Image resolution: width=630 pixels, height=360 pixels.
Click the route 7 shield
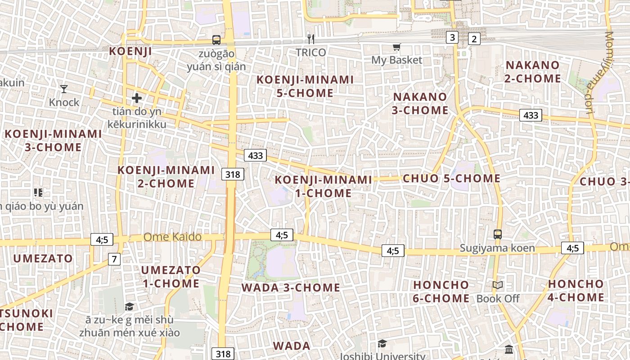[x=114, y=259]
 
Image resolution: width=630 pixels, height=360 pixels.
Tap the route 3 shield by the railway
[x=452, y=37]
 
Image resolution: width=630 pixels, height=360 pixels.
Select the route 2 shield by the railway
[x=474, y=39]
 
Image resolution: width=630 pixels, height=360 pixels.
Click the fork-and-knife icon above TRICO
[x=310, y=39]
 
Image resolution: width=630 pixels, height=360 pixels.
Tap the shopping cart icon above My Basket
[x=396, y=47]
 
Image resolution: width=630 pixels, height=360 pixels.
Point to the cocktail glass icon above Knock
[x=64, y=89]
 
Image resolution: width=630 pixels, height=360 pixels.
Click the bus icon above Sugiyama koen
[x=497, y=234]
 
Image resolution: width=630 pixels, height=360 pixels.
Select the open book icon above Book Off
[x=497, y=285]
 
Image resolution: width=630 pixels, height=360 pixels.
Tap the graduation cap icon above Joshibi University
[x=382, y=344]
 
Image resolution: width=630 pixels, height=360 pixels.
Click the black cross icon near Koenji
[x=137, y=98]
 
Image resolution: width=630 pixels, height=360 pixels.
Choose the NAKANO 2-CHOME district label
[x=533, y=72]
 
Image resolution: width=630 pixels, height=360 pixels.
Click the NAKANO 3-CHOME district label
[x=420, y=103]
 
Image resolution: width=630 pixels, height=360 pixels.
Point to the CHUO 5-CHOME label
[x=451, y=179]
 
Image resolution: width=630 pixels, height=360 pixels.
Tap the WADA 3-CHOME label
[x=291, y=288]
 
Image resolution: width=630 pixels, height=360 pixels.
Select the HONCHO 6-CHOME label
[x=441, y=292]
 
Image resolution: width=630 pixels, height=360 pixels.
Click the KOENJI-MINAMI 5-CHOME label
[x=305, y=86]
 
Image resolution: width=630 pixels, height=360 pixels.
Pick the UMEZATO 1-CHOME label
[x=171, y=277]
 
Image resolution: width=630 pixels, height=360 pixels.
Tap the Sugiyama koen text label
[x=497, y=248]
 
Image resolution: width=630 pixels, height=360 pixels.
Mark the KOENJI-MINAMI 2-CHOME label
[x=166, y=177]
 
